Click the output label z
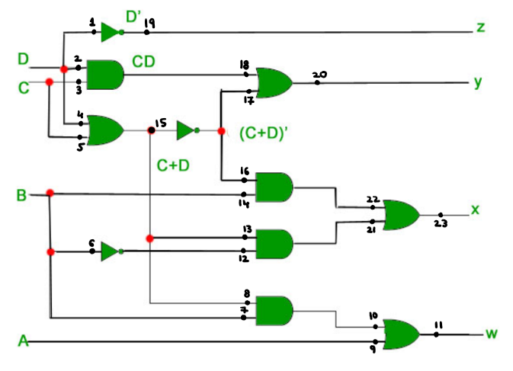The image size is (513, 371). (x=480, y=28)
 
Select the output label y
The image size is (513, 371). (x=478, y=82)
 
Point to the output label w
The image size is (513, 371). (x=492, y=334)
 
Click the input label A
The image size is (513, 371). (x=23, y=343)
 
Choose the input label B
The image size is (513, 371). (x=22, y=196)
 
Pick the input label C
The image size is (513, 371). (x=24, y=88)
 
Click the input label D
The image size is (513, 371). (x=24, y=59)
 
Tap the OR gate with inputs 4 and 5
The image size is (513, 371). (x=106, y=130)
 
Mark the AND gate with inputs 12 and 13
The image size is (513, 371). (x=274, y=244)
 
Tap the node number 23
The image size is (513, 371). (x=441, y=224)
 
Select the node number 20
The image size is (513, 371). (x=319, y=74)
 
